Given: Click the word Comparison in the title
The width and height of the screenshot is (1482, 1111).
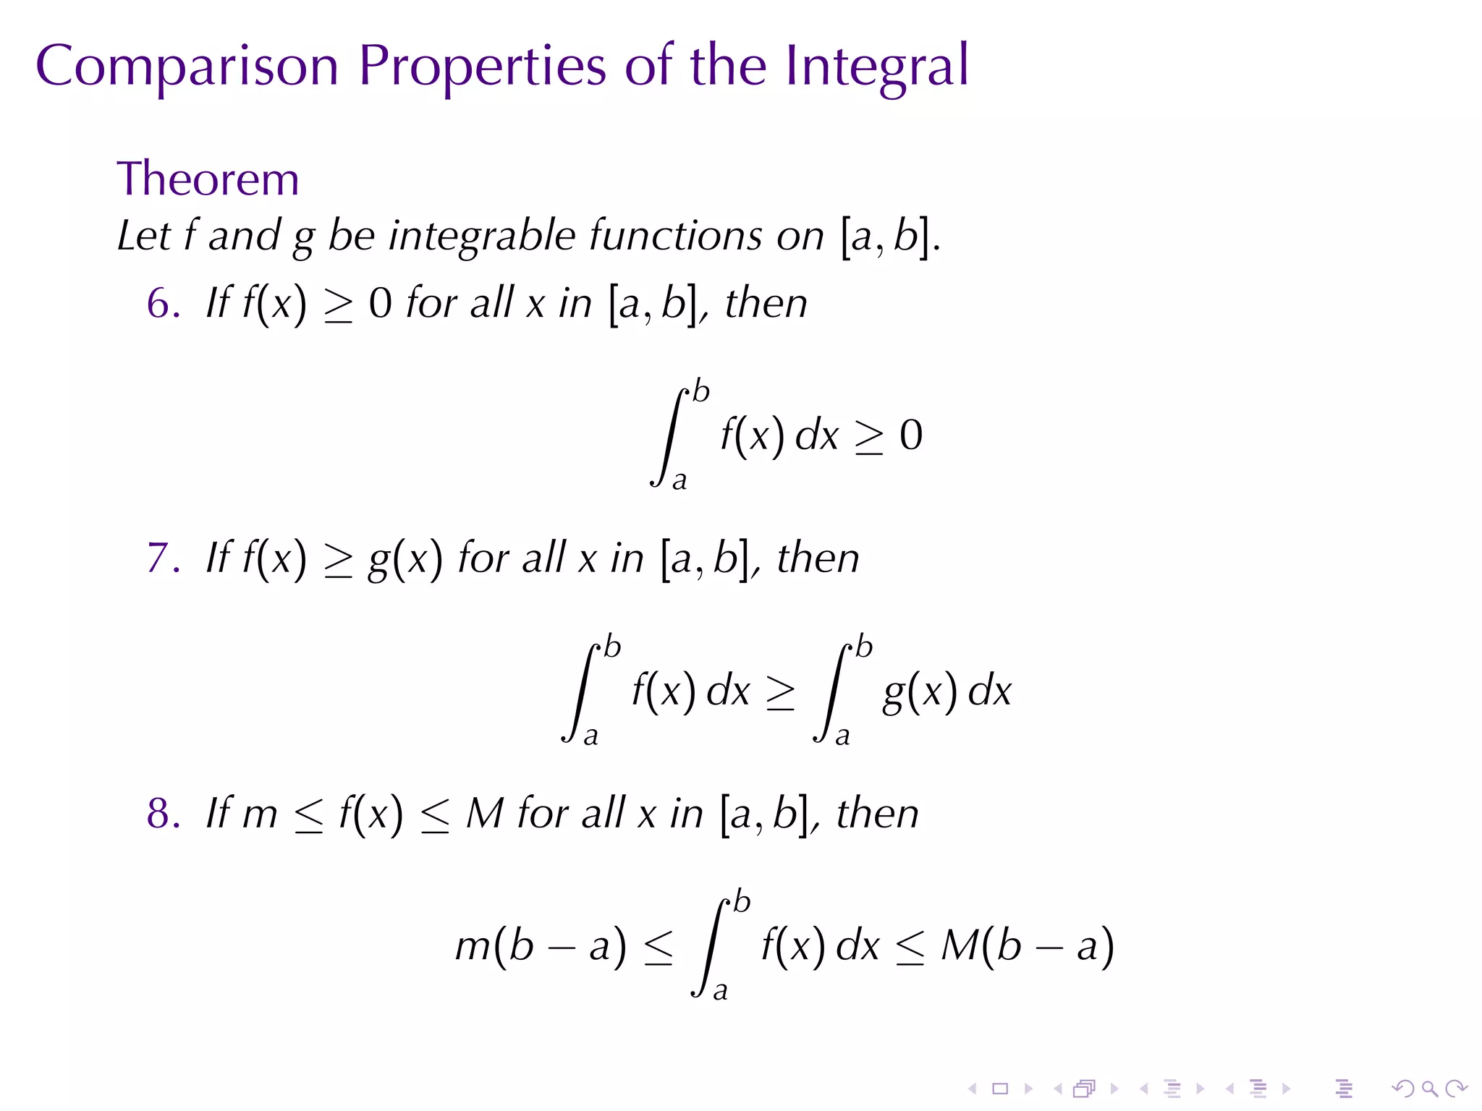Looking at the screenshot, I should [187, 67].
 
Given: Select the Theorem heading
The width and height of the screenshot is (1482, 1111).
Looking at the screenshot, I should [208, 179].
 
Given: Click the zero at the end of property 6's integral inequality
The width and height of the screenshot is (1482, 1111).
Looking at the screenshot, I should [911, 435].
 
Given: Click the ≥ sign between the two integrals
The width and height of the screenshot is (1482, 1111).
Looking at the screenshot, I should [781, 692].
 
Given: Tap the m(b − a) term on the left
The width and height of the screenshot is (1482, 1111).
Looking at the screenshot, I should [540, 946].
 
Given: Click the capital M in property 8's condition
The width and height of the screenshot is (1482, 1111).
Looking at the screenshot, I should [484, 814].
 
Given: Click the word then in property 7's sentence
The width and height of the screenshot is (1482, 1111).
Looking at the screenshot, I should [818, 558].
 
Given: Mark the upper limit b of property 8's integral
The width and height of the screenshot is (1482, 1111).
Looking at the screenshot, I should [742, 902].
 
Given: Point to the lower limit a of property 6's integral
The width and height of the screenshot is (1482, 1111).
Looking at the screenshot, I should [679, 481].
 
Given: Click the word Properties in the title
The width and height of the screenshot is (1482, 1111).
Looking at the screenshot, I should [482, 67].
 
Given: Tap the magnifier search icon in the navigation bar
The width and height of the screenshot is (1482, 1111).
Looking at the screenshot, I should [1429, 1089].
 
